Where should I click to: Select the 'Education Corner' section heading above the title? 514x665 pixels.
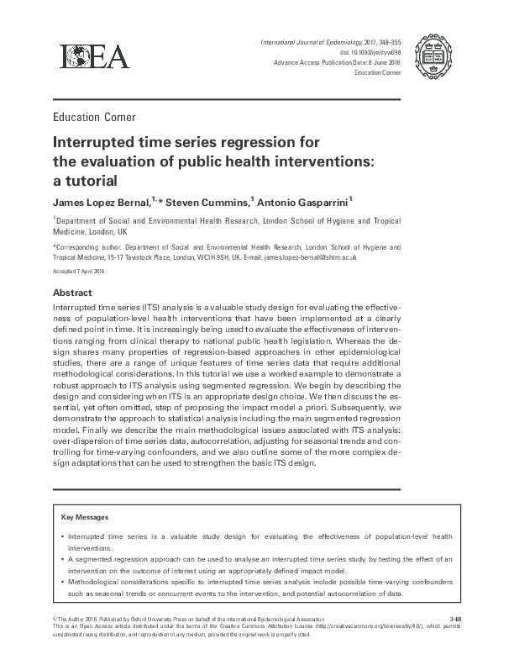pyautogui.click(x=94, y=117)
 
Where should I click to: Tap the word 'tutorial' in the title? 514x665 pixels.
pyautogui.click(x=90, y=180)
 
